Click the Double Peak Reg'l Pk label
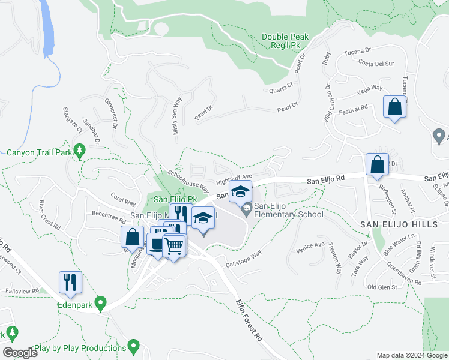(x=285, y=41)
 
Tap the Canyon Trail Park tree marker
(x=79, y=152)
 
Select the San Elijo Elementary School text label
(x=288, y=210)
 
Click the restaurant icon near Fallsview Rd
(x=70, y=283)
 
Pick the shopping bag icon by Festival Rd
(x=395, y=109)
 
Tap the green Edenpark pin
(x=101, y=303)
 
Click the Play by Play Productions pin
(x=133, y=347)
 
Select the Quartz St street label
(x=280, y=91)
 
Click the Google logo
(x=20, y=353)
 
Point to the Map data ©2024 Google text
(x=411, y=355)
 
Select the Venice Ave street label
(x=310, y=245)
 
